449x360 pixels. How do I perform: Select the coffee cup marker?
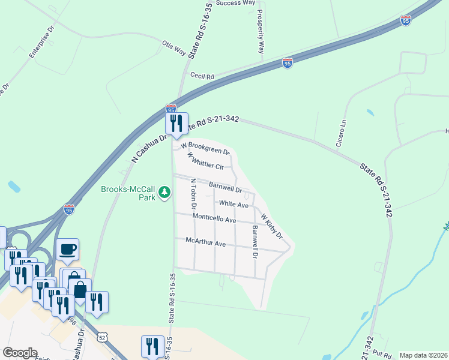(x=67, y=249)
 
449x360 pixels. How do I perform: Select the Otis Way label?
(x=174, y=48)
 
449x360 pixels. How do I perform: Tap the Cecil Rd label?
(x=202, y=76)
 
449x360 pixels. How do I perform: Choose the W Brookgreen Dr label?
(x=205, y=148)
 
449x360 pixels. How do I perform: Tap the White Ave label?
(x=234, y=205)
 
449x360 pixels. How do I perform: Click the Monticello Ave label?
(x=214, y=218)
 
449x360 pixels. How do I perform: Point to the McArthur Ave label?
(x=205, y=244)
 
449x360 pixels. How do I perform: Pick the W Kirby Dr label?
(x=271, y=224)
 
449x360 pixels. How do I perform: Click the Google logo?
(x=19, y=353)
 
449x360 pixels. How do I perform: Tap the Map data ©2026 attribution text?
(x=423, y=355)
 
